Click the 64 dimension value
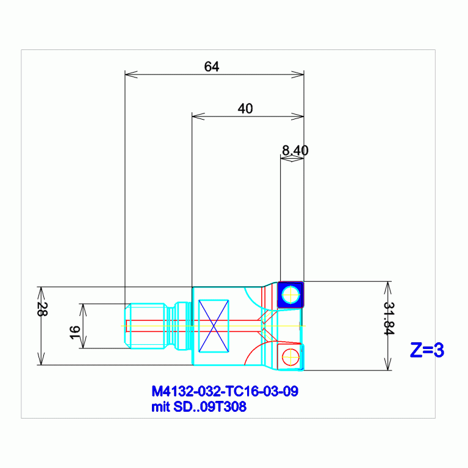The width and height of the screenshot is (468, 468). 212,67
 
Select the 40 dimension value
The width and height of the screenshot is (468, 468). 245,109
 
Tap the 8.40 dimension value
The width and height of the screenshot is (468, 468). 295,150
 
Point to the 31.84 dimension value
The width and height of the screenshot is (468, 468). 389,318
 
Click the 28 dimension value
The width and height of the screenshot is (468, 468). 42,309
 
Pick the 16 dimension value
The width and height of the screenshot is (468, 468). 74,333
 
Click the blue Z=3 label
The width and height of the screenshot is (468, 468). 427,350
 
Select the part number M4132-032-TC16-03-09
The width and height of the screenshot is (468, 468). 225,391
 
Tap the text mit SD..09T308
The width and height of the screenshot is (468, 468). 199,407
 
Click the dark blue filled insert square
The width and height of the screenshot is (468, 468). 290,295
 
